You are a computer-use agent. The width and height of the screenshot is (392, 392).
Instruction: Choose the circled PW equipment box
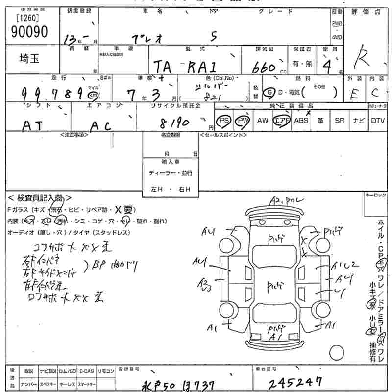[242, 121]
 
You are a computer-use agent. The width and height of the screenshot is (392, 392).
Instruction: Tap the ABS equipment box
[300, 121]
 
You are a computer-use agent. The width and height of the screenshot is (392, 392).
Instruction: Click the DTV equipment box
[378, 121]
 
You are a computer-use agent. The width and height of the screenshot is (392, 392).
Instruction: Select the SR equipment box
[339, 121]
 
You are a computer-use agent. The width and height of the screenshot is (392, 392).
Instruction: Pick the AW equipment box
[263, 121]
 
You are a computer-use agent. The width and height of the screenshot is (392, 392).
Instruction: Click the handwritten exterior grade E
[355, 93]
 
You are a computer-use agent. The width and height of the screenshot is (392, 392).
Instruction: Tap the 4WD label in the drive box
[337, 37]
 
